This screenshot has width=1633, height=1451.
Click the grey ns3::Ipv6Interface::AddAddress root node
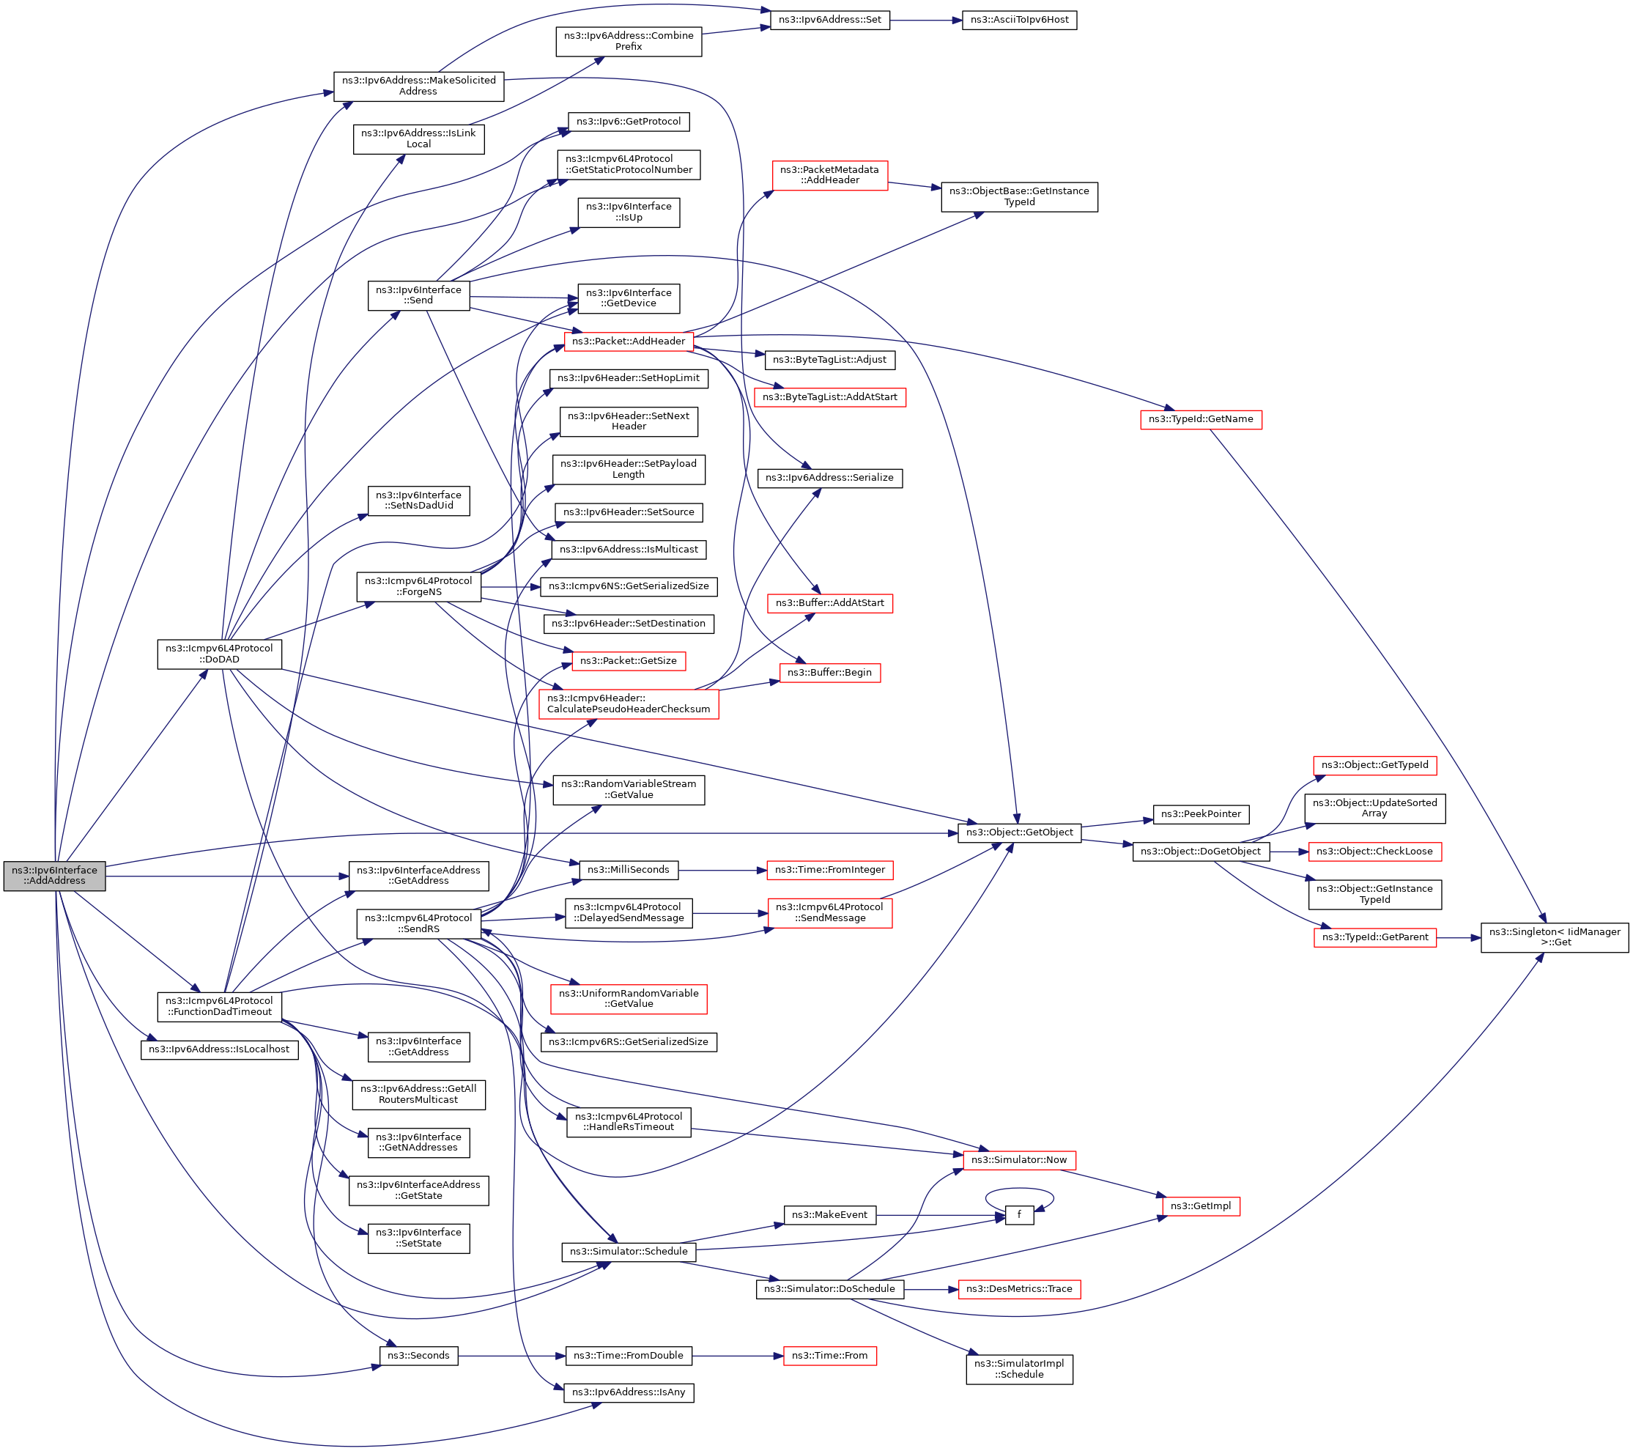click(x=54, y=876)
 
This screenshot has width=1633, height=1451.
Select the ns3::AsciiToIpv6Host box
click(x=1018, y=20)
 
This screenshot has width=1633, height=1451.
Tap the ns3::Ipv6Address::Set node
click(x=829, y=20)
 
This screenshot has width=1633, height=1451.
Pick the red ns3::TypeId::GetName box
click(x=1200, y=419)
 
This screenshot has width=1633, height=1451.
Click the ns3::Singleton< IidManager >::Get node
click(x=1554, y=937)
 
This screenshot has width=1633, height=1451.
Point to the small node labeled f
click(x=1018, y=1215)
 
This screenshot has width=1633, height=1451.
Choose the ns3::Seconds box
click(x=418, y=1356)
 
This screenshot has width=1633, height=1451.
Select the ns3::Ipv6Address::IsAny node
click(x=628, y=1392)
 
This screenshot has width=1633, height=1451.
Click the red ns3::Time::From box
click(x=829, y=1356)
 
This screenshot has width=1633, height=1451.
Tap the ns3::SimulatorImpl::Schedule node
click(x=1018, y=1369)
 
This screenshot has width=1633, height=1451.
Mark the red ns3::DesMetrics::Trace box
click(x=1018, y=1289)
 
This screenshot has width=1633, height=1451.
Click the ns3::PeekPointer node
click(x=1200, y=814)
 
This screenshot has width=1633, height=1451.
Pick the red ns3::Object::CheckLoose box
click(x=1374, y=852)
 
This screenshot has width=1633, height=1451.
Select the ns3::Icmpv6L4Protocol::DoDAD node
click(x=219, y=654)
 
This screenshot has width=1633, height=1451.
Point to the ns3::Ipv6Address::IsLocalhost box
click(x=219, y=1049)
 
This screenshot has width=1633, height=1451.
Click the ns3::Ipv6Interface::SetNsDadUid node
click(x=418, y=501)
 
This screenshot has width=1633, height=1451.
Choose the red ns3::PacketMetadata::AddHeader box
click(x=829, y=175)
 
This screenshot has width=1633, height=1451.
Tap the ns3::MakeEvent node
click(x=829, y=1215)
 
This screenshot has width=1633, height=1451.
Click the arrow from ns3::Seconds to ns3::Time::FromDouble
click(x=511, y=1356)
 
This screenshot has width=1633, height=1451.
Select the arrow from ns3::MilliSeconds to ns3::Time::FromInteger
click(x=722, y=870)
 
